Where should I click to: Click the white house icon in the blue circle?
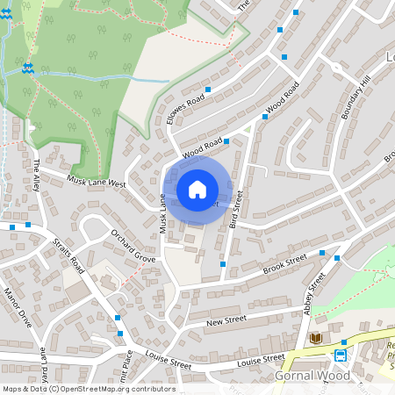point(197,190)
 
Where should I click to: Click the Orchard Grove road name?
point(133,246)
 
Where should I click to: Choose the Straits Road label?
point(67,254)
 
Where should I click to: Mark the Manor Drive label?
point(18,307)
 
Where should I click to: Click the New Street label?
point(222,323)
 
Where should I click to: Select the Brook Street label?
point(284,263)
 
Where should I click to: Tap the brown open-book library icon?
point(316,338)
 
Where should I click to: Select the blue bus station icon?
point(340,355)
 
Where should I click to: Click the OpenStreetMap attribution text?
point(88,389)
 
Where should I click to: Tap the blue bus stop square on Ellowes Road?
point(208,90)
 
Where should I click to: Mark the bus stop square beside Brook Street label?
point(322,254)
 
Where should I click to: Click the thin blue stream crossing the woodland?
point(105,77)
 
